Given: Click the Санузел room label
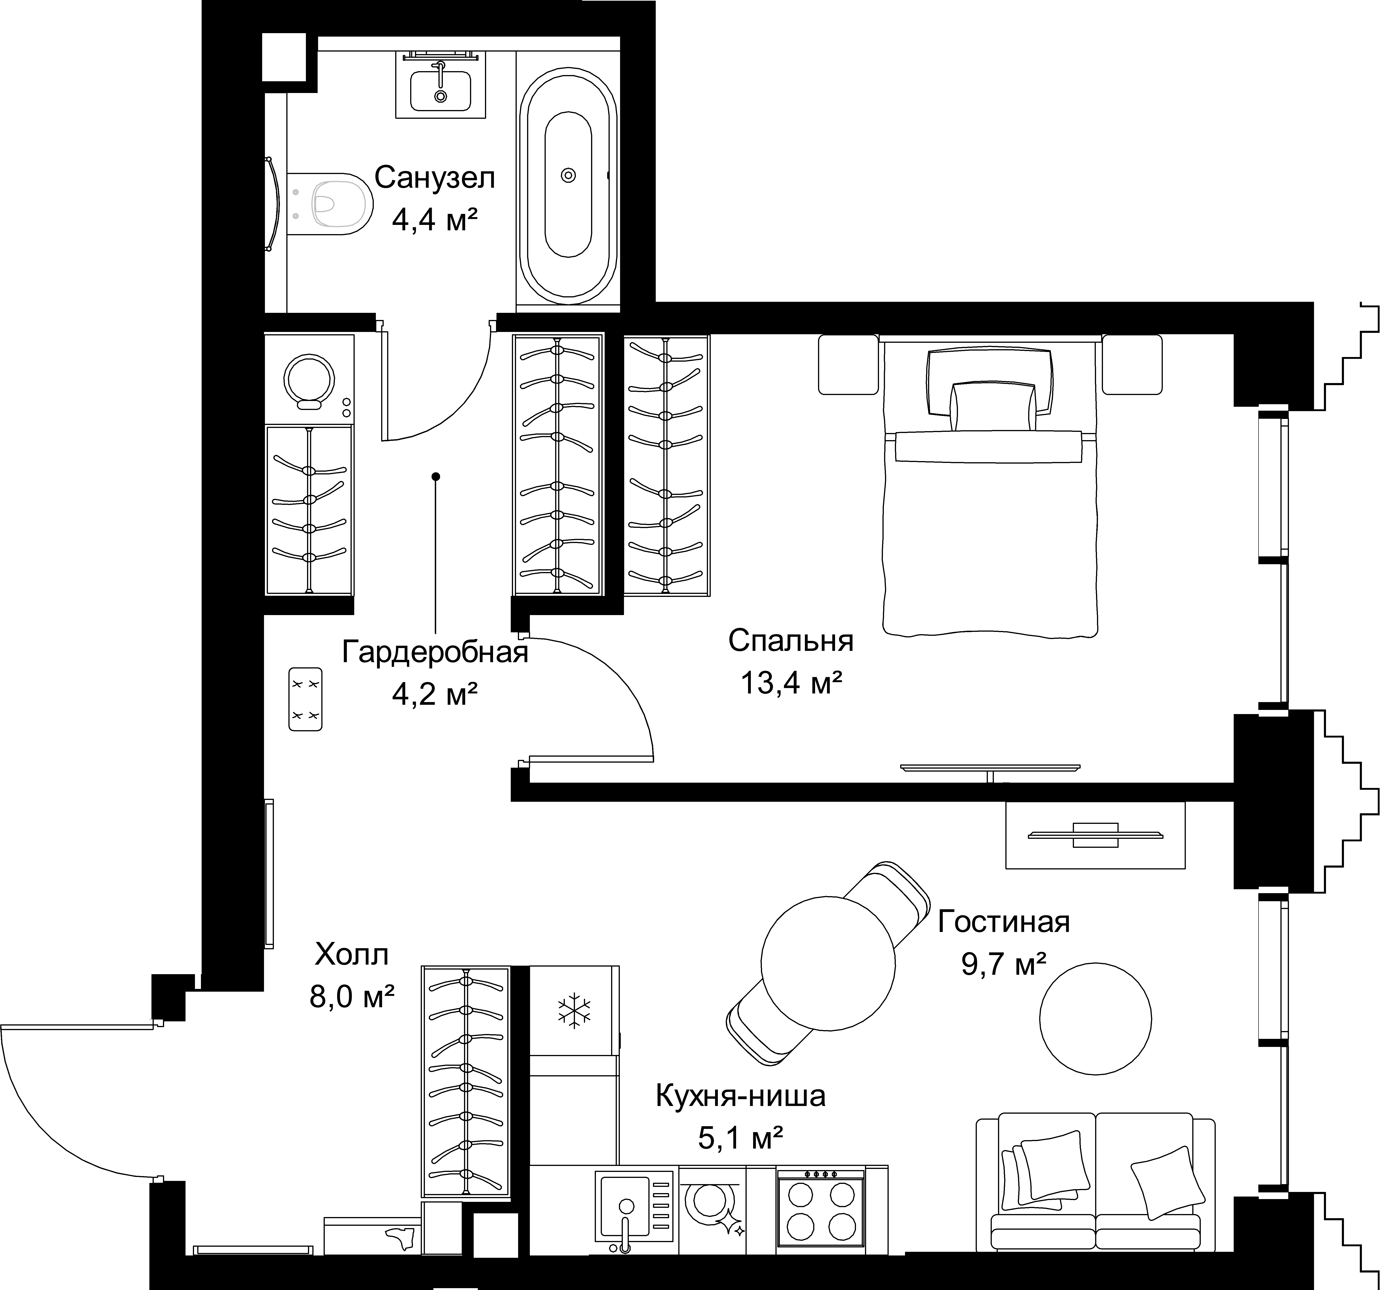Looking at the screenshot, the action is coord(435,178).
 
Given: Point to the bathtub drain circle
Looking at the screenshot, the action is coord(568,176).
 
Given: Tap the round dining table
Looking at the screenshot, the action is coord(828,962).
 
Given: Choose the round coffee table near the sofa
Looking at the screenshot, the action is coord(1096,1019).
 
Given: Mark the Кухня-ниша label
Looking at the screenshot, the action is coord(740,1096).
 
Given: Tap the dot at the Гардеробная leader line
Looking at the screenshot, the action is coord(435,476).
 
